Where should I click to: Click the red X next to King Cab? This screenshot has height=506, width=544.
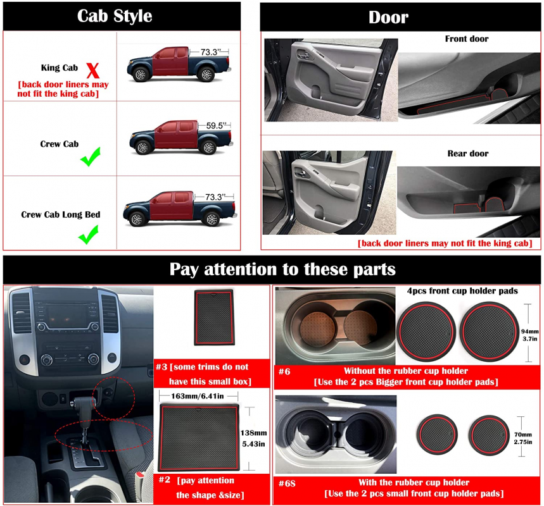tap(92, 71)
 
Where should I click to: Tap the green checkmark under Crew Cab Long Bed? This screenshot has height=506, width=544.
tap(89, 235)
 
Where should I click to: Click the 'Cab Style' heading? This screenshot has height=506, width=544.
tap(115, 16)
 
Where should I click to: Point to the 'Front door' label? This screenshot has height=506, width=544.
tap(467, 39)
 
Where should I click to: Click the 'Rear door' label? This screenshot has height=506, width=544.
tap(467, 153)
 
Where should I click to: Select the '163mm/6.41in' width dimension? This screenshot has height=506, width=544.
tap(198, 396)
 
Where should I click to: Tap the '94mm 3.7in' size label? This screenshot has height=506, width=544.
tap(530, 335)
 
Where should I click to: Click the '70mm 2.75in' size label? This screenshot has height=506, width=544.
tap(523, 438)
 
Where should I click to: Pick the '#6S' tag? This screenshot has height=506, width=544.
tap(287, 483)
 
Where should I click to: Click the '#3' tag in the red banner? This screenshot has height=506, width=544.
tap(161, 367)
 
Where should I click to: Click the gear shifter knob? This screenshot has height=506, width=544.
tap(83, 403)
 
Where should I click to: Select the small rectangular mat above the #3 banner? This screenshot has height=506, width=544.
tap(214, 318)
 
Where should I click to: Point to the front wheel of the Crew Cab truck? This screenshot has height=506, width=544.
tap(143, 147)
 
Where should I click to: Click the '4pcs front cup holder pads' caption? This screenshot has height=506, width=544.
tap(462, 291)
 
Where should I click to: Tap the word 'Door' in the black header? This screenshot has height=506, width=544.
tap(388, 17)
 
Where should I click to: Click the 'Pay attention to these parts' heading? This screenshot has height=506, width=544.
tap(282, 269)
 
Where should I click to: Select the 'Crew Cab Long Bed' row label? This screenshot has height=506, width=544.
tap(61, 214)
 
